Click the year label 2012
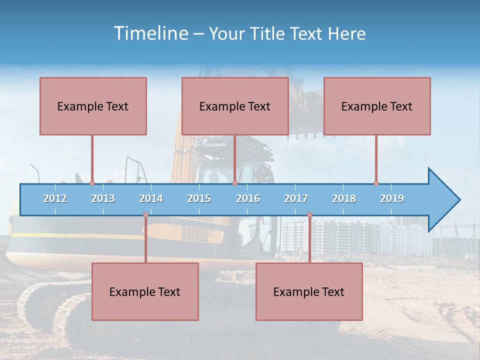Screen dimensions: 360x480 55,198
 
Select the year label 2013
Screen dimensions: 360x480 103,198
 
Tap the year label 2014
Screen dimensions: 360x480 151,198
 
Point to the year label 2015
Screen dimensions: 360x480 199,198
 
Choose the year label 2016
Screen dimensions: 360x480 248,198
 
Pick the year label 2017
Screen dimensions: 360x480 296,198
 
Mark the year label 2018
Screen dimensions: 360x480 344,198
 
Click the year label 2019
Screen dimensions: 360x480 392,198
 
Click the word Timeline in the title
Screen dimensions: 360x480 150,33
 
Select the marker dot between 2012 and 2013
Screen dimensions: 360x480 92,183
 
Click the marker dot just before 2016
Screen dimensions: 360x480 234,183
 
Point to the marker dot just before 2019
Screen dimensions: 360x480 376,183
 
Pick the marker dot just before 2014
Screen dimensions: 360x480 145,215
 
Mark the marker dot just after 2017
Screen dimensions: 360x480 309,215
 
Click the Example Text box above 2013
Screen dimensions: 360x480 93,106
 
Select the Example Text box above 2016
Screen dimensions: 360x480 235,106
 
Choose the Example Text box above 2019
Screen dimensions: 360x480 377,106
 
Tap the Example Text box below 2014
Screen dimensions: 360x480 145,291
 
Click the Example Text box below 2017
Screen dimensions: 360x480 309,291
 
